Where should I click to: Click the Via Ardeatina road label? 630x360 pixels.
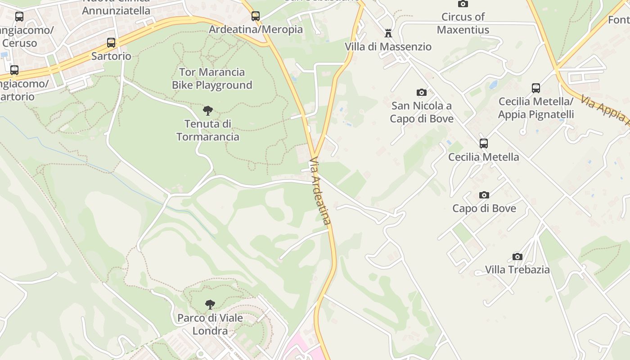pyautogui.click(x=320, y=191)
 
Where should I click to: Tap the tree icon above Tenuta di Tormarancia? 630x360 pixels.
pyautogui.click(x=208, y=110)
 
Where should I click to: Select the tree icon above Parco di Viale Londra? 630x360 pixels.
pyautogui.click(x=210, y=305)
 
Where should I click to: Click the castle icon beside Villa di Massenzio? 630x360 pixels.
pyautogui.click(x=388, y=33)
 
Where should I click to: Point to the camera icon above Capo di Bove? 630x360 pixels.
pyautogui.click(x=484, y=195)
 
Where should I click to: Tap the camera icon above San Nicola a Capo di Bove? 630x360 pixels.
pyautogui.click(x=422, y=92)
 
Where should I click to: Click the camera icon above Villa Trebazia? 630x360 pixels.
pyautogui.click(x=517, y=256)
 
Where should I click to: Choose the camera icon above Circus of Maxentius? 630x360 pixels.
pyautogui.click(x=463, y=4)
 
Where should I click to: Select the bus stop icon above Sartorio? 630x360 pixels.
pyautogui.click(x=111, y=43)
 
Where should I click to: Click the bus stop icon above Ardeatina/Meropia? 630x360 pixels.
pyautogui.click(x=256, y=16)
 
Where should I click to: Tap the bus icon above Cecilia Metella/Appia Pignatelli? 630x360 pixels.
pyautogui.click(x=536, y=88)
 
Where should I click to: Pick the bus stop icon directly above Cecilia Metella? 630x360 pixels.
pyautogui.click(x=484, y=144)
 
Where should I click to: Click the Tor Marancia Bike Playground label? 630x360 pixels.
pyautogui.click(x=212, y=78)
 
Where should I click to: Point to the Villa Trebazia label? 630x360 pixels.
pyautogui.click(x=517, y=270)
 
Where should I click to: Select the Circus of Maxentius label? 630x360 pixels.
pyautogui.click(x=463, y=23)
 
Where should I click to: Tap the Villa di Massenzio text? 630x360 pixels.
pyautogui.click(x=388, y=47)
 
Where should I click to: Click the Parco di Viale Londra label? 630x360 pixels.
pyautogui.click(x=210, y=324)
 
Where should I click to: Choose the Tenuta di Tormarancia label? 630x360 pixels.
pyautogui.click(x=208, y=130)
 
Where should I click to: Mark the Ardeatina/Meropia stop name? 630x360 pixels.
pyautogui.click(x=256, y=30)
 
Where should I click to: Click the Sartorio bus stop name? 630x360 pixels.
pyautogui.click(x=111, y=56)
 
